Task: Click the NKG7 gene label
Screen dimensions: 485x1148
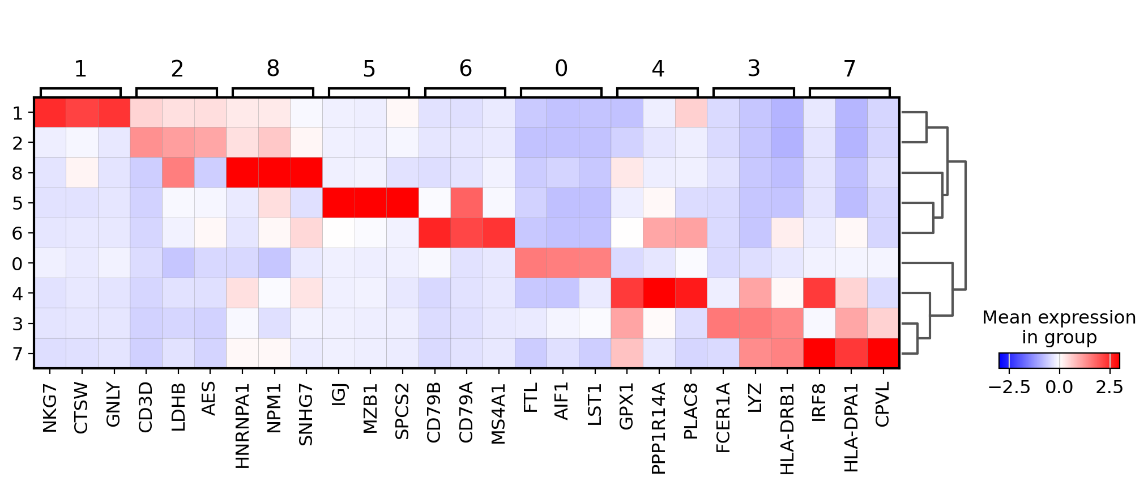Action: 50,407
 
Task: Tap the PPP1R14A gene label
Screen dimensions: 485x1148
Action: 659,428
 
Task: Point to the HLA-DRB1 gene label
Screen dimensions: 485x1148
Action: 787,428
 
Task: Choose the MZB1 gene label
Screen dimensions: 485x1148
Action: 370,409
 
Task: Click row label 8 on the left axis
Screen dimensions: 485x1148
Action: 18,173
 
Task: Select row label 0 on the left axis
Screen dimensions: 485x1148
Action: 18,263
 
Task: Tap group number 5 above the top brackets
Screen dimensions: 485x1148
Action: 369,69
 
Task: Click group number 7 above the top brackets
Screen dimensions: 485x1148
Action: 850,69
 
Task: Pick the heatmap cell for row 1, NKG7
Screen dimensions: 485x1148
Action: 50,113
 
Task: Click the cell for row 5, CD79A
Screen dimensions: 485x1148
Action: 467,203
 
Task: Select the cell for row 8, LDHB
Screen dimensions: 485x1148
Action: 178,173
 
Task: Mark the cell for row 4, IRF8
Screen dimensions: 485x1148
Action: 819,293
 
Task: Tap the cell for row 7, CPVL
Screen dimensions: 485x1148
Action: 883,354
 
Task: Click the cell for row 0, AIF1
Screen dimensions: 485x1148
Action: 562,263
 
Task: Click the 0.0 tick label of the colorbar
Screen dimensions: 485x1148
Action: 1059,388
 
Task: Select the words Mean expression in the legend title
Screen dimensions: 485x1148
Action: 1059,318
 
